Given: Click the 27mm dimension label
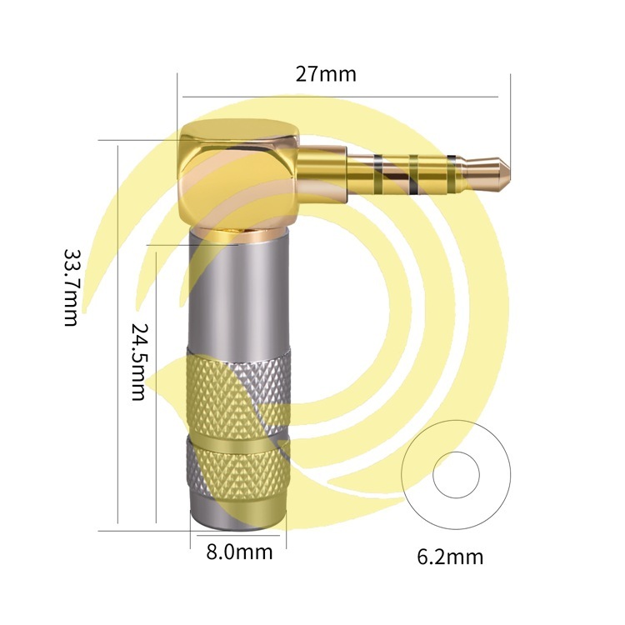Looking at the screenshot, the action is coord(326,74).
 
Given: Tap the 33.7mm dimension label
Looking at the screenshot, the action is coord(72,287).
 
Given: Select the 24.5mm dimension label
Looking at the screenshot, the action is coord(139,361).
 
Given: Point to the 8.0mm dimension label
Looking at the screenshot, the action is coord(239,552).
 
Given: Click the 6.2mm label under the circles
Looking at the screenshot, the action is coord(450,557).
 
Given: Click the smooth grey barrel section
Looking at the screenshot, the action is coord(238,295).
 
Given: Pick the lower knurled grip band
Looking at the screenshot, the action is coord(238,469).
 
